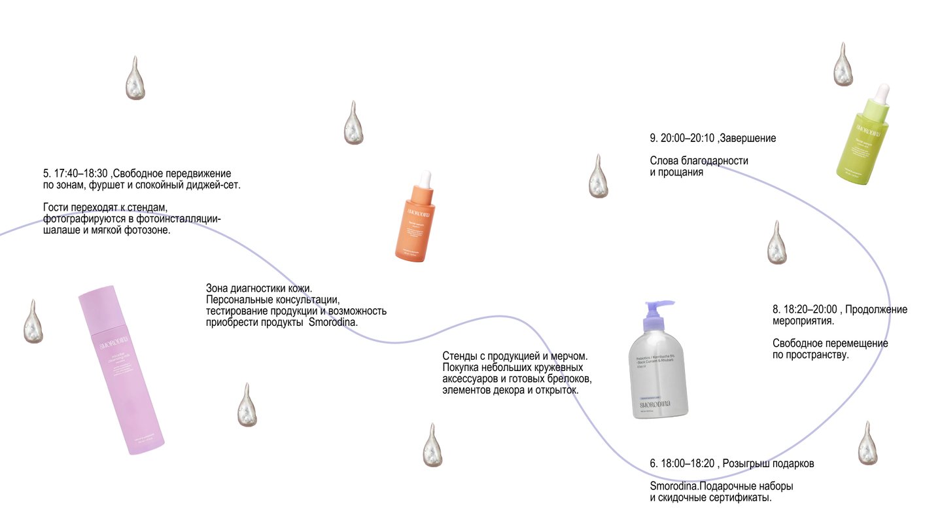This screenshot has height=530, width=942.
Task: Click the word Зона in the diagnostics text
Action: point(217,288)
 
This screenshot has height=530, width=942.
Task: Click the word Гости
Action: point(57,207)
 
